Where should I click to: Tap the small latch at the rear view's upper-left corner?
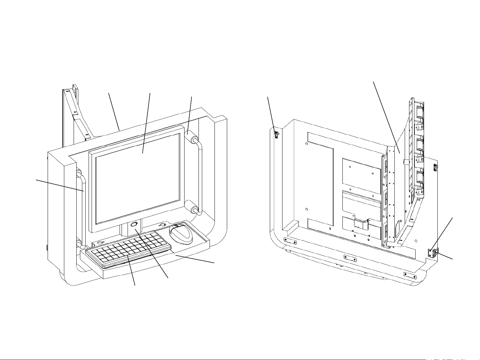(276, 134)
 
